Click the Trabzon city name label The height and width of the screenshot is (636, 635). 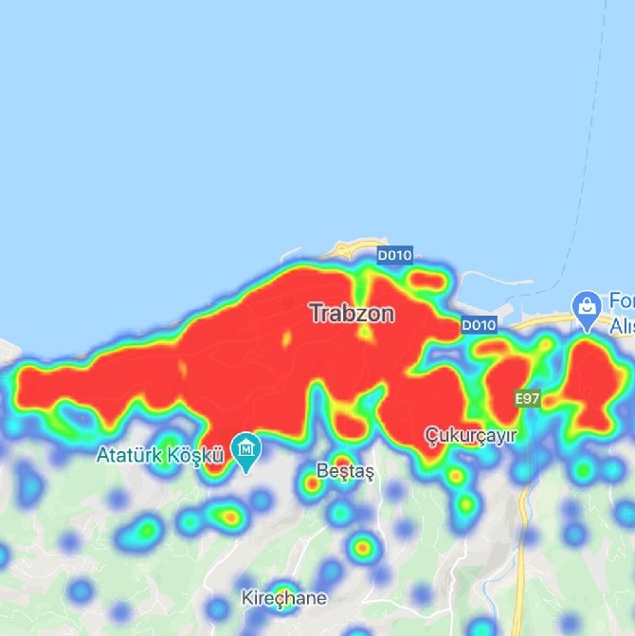click(x=352, y=312)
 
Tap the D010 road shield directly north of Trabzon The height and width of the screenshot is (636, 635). click(x=393, y=255)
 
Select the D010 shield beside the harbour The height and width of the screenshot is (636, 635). click(x=479, y=325)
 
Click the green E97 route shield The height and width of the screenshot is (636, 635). click(x=528, y=399)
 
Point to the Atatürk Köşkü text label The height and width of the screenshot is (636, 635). click(x=160, y=455)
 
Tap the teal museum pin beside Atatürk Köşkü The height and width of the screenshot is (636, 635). click(x=246, y=448)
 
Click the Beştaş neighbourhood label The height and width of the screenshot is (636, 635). click(x=346, y=471)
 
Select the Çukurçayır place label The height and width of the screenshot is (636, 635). click(x=469, y=436)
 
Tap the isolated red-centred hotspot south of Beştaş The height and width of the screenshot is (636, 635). click(x=362, y=547)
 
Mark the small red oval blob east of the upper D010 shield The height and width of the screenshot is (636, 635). click(x=429, y=281)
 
